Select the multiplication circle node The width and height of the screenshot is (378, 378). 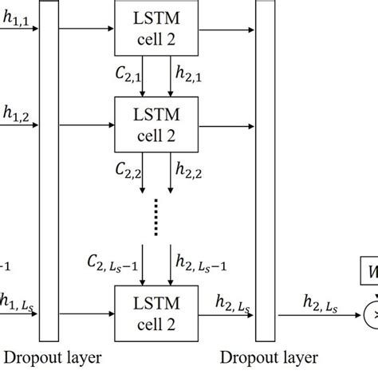(x=372, y=317)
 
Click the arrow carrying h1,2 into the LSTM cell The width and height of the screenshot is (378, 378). (x=88, y=124)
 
